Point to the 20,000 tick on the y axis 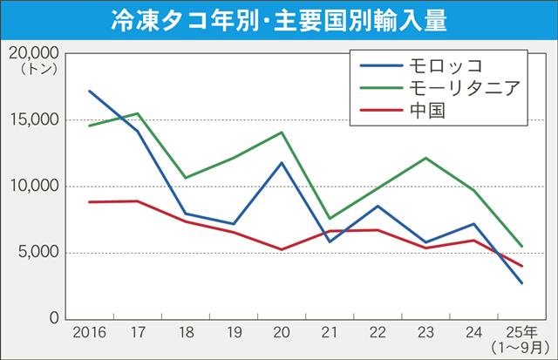tap(31, 53)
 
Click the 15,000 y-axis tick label tap(31, 119)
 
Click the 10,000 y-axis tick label tap(31, 187)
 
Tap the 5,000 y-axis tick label tap(36, 253)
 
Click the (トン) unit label tap(31, 68)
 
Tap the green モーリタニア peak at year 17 tap(138, 113)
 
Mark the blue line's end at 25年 tap(521, 282)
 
